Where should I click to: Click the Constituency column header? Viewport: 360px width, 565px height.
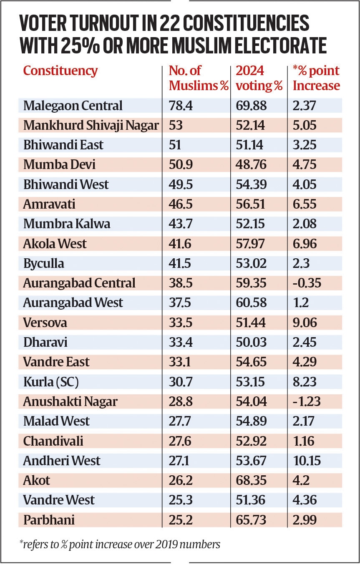pos(60,71)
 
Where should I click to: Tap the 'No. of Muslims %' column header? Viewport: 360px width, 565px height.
pos(199,78)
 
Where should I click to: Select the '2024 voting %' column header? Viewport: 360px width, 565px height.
pos(259,78)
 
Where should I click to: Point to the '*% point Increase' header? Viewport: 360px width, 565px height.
pos(316,78)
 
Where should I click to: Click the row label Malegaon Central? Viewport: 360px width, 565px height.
pos(73,106)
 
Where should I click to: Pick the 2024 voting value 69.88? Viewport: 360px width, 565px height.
pos(251,106)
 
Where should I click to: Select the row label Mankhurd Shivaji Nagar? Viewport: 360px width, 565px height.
pos(91,125)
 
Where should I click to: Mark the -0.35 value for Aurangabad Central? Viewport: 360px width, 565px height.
pos(307,283)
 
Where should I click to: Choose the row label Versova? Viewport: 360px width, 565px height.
pos(45,323)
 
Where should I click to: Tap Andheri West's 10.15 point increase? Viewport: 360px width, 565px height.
pos(307,461)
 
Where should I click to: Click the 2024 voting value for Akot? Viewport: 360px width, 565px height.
pos(251,480)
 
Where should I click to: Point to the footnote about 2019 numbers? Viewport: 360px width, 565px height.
pos(120,544)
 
